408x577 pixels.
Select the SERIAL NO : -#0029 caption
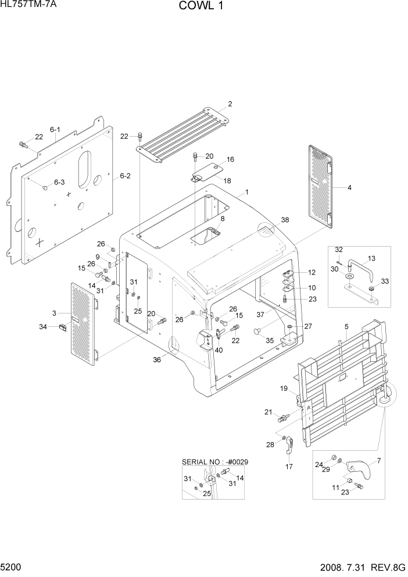[214, 462]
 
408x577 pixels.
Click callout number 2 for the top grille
[230, 104]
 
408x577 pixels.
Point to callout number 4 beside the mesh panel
[350, 188]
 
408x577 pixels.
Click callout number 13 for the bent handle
[371, 258]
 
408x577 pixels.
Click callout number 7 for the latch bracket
[378, 461]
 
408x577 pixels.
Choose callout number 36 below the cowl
[157, 359]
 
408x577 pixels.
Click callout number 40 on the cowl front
[219, 350]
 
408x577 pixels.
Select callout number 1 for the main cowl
[246, 192]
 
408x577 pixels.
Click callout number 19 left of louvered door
[284, 389]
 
